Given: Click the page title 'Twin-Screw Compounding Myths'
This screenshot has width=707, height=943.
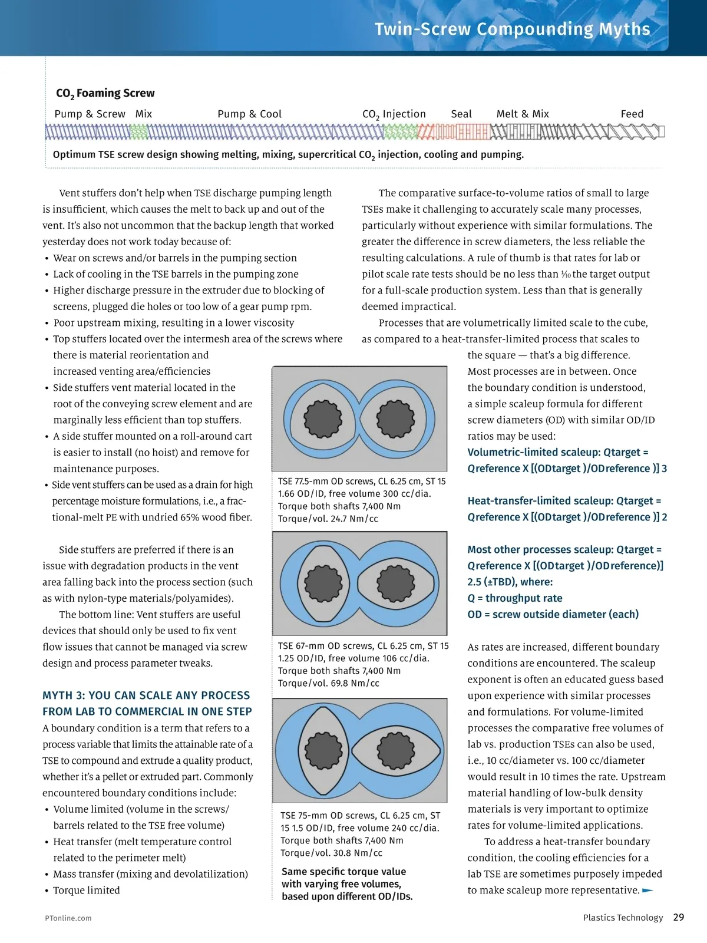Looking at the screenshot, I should (x=512, y=29).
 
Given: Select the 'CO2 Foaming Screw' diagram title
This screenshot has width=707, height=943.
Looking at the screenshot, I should (x=105, y=93).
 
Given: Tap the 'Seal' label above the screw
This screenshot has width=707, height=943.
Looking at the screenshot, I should (x=461, y=114).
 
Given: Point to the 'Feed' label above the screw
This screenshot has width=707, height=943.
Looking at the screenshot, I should (x=632, y=114).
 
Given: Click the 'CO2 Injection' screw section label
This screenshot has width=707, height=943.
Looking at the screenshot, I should (x=394, y=114).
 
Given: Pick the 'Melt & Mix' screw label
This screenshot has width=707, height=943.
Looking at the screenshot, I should (x=523, y=114).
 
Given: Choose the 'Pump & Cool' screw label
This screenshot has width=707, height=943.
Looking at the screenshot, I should (x=249, y=114).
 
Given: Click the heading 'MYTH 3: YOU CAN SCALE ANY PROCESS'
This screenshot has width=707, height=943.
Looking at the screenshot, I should (x=146, y=695).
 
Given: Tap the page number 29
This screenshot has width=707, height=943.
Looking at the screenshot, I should (x=679, y=917).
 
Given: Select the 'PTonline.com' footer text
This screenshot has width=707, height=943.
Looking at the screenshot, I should (x=68, y=918).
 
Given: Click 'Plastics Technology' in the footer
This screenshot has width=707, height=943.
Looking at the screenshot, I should (x=623, y=917).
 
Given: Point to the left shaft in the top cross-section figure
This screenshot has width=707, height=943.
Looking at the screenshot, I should (x=323, y=418).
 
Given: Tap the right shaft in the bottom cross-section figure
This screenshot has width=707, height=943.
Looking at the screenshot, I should (x=395, y=750).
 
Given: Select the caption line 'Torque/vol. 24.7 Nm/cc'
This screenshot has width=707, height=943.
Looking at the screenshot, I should (x=328, y=519).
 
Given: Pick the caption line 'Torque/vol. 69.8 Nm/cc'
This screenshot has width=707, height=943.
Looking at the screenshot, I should (x=328, y=683).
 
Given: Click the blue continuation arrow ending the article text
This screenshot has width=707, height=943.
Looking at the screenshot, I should (x=647, y=890).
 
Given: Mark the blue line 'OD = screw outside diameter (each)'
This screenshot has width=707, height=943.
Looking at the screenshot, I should (x=553, y=614).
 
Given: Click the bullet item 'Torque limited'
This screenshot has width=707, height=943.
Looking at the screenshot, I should (x=86, y=890).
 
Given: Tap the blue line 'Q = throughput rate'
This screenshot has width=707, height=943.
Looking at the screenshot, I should (x=514, y=598).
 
